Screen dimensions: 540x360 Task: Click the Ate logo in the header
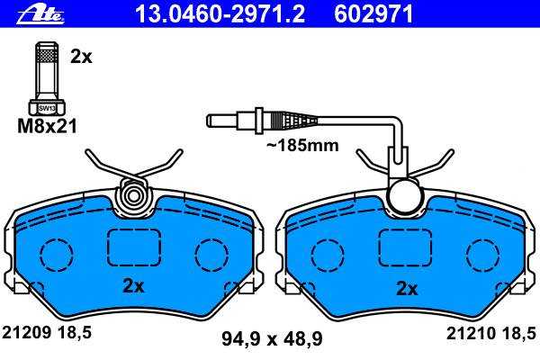pyautogui.click(x=40, y=14)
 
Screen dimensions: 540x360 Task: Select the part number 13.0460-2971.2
pyautogui.click(x=220, y=14)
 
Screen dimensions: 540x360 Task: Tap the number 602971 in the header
pyautogui.click(x=373, y=14)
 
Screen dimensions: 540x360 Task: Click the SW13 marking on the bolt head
pyautogui.click(x=47, y=108)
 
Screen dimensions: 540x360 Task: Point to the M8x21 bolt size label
pyautogui.click(x=47, y=126)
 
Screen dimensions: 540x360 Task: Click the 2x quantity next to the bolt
pyautogui.click(x=81, y=57)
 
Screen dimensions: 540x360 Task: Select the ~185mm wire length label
pyautogui.click(x=302, y=146)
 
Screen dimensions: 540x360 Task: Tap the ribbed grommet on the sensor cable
pyautogui.click(x=295, y=121)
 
